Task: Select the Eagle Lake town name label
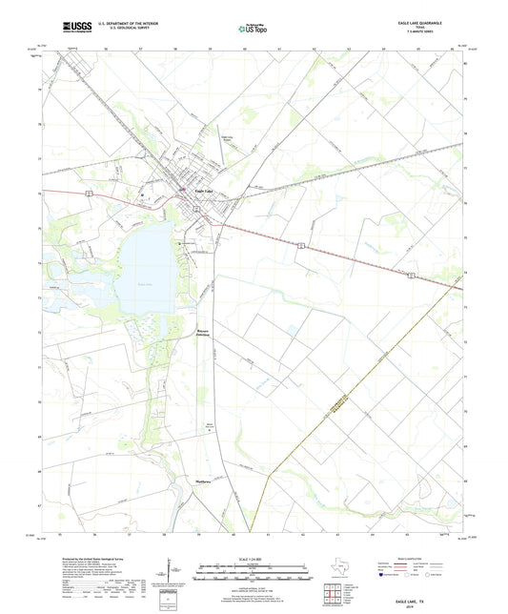click(204, 191)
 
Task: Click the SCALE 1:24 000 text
click(254, 560)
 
